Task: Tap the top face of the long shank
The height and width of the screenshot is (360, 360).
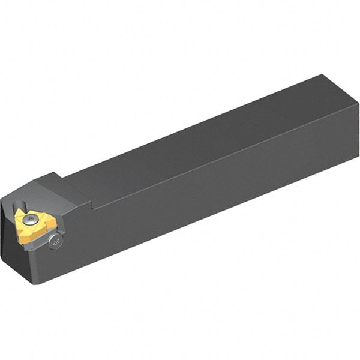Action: (x=198, y=138)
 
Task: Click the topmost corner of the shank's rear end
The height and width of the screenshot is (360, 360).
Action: (x=324, y=74)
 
